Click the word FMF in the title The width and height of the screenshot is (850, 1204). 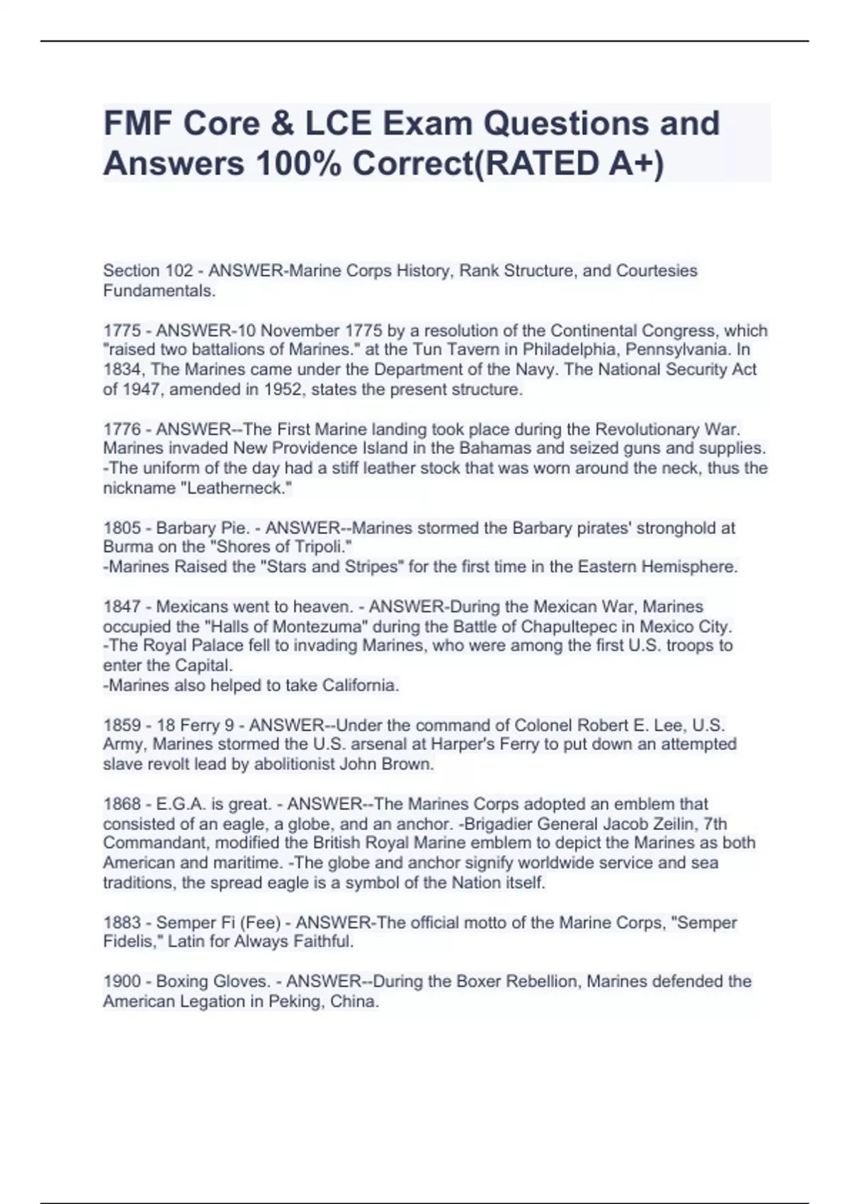tap(137, 123)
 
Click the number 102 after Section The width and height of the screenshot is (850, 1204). tap(179, 271)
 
